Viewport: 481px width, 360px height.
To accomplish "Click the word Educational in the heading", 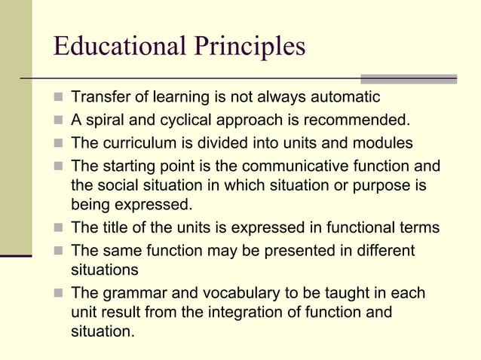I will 116,46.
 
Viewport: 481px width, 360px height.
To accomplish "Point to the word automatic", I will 345,97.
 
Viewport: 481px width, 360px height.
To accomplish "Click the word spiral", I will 106,120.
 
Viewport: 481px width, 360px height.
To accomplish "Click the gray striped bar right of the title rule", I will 409,78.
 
